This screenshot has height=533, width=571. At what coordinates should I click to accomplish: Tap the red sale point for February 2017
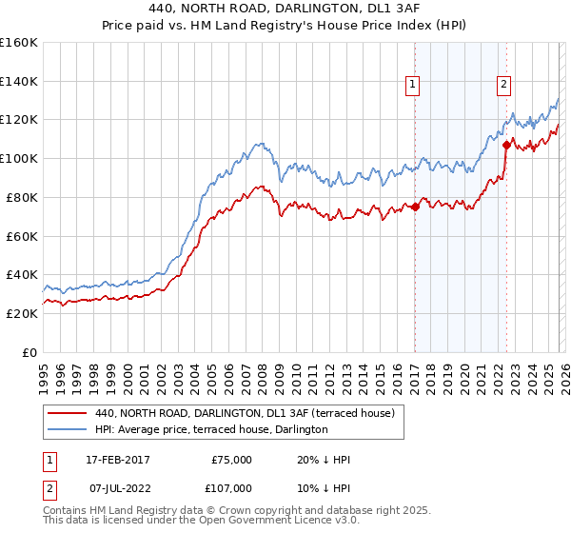click(415, 207)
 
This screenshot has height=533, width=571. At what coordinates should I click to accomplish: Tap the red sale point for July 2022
click(506, 145)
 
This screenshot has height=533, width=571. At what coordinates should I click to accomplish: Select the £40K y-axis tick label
click(22, 274)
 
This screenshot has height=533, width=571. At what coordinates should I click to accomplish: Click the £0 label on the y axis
click(30, 352)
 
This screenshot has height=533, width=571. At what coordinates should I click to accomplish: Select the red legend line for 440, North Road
click(68, 413)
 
